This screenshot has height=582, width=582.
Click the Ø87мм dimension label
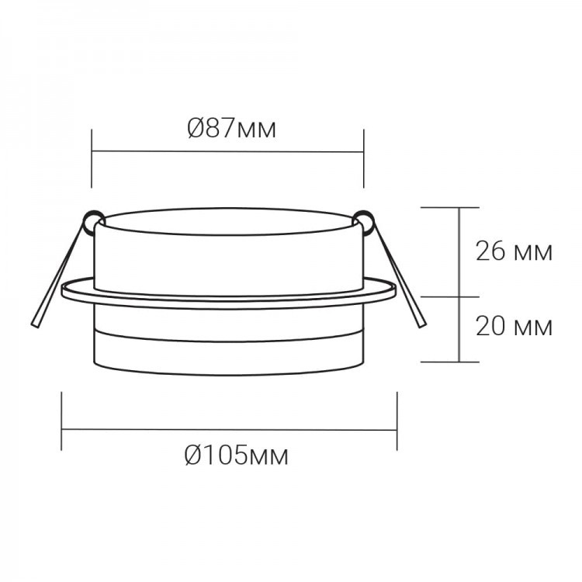[232, 129]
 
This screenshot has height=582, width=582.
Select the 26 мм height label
[514, 251]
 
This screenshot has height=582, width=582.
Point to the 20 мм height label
[514, 326]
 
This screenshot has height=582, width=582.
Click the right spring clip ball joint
[363, 222]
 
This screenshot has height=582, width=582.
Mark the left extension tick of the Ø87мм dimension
[92, 158]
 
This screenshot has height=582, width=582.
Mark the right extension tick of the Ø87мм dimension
[364, 158]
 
